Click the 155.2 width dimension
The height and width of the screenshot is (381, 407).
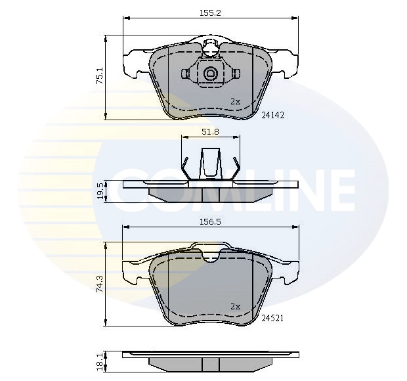pyautogui.click(x=210, y=12)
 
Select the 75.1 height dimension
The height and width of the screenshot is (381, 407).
pyautogui.click(x=100, y=76)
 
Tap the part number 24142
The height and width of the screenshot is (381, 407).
pyautogui.click(x=272, y=114)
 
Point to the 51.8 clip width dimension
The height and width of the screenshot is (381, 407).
pyautogui.click(x=210, y=131)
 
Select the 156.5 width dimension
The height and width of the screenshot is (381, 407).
pyautogui.click(x=210, y=221)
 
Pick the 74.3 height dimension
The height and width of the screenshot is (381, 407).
pyautogui.click(x=100, y=284)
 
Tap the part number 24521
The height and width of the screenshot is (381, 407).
pyautogui.click(x=272, y=319)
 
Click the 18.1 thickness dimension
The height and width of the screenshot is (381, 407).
pyautogui.click(x=100, y=362)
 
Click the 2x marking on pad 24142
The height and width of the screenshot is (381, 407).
pyautogui.click(x=236, y=101)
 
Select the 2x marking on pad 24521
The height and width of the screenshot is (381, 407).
pyautogui.click(x=236, y=306)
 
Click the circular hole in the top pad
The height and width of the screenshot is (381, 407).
pyautogui.click(x=211, y=74)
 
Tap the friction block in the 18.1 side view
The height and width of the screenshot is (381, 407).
pyautogui.click(x=210, y=365)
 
